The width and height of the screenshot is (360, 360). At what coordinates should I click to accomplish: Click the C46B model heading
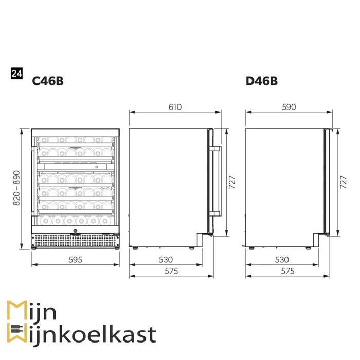coord(48,81)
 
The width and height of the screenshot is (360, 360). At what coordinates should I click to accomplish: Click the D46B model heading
coord(261,81)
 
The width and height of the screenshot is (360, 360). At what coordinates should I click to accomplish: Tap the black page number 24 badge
coord(17,74)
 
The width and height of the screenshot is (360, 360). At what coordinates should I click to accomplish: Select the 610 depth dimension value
coord(175,107)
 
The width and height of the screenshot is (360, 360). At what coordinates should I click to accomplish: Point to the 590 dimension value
coord(289,107)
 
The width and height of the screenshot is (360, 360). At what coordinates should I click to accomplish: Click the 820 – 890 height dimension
coord(16,188)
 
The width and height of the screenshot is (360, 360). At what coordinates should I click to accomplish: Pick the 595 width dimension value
coord(75,260)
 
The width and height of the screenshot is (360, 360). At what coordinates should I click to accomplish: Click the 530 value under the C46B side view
coord(166,260)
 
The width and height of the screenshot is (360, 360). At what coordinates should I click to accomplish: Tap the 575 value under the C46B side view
coord(171,271)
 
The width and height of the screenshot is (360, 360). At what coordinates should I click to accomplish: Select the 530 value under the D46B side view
coord(282,260)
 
